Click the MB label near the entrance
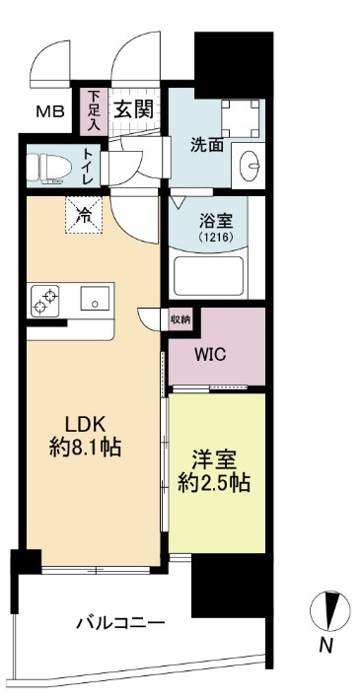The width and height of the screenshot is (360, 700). click(50, 109)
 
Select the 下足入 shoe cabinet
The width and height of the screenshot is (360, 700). click(94, 110)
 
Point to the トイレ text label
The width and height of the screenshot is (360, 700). click(88, 166)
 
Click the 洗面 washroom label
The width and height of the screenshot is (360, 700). click(206, 145)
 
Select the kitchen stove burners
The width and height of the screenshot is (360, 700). click(45, 300)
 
